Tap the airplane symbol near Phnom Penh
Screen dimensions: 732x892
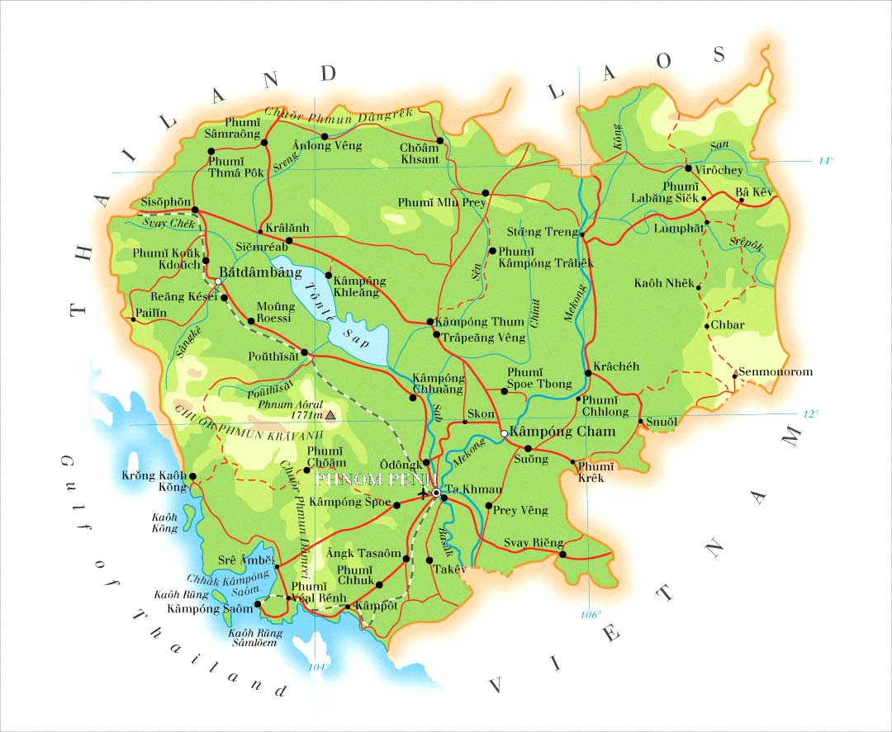(x=425, y=494)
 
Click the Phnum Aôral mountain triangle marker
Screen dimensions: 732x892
(x=331, y=417)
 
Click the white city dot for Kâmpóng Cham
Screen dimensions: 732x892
(x=504, y=433)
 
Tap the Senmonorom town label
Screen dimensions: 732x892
(x=776, y=371)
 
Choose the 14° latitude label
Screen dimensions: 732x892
(x=827, y=161)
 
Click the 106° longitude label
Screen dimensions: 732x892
(x=591, y=615)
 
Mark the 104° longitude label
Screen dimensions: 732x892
(x=319, y=667)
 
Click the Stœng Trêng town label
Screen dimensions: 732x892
(x=543, y=232)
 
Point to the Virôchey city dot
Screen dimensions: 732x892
(x=688, y=168)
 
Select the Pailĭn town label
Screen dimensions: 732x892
(x=151, y=314)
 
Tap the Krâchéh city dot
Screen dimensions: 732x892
(x=588, y=374)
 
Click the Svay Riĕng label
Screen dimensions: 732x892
(x=534, y=543)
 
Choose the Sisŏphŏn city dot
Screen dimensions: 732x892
(x=195, y=210)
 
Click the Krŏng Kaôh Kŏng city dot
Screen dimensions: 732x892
(x=192, y=476)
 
